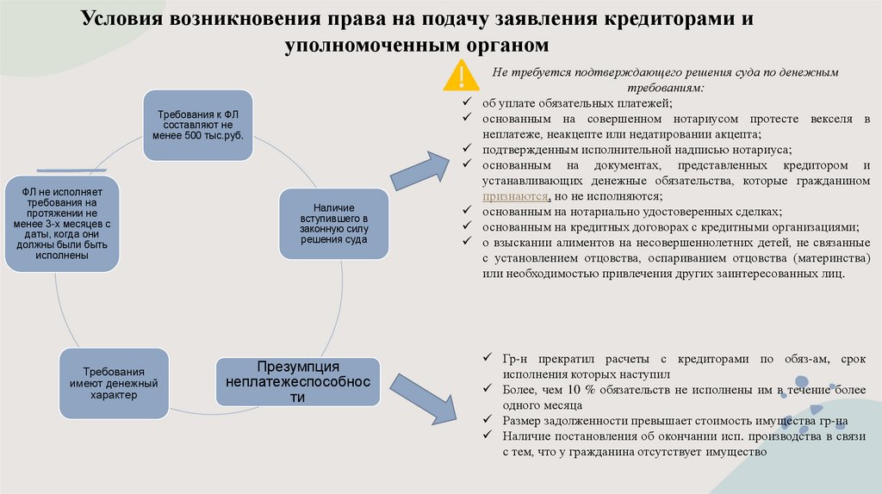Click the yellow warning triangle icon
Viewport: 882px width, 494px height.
point(463,76)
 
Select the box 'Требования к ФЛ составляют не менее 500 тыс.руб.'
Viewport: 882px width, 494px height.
point(196,125)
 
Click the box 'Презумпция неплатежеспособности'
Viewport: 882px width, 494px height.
point(297,381)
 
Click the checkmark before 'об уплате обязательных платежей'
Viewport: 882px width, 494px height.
point(465,103)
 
